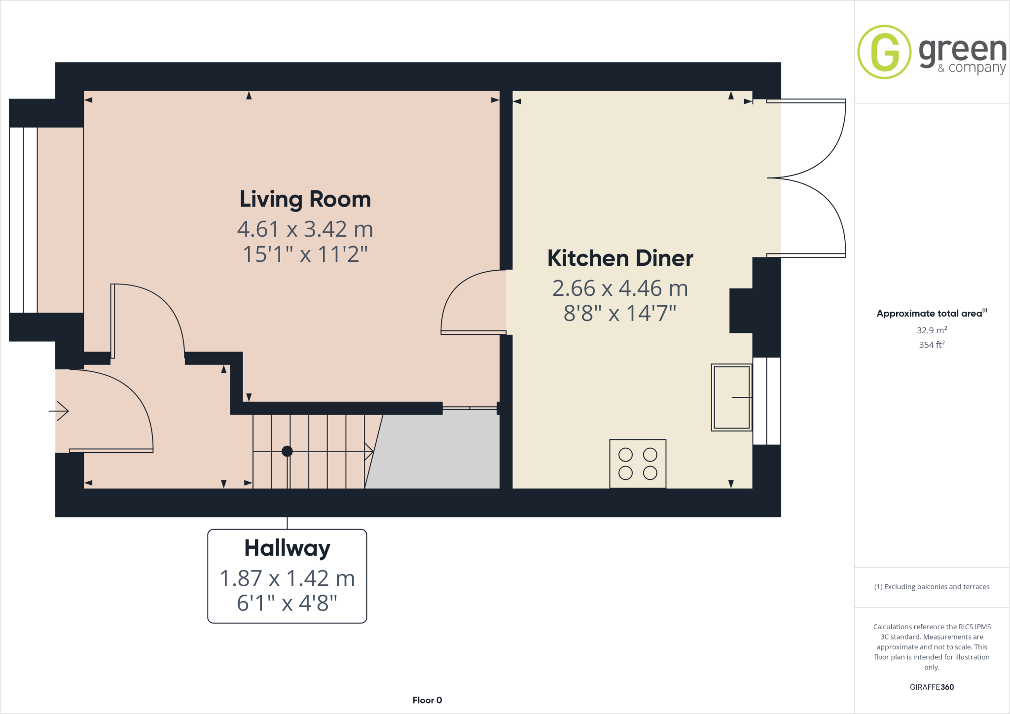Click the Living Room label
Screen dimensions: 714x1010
pos(305,200)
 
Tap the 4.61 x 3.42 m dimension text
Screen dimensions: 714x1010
pos(305,229)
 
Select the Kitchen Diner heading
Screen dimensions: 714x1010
pos(620,258)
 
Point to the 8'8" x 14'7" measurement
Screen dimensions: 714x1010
pos(620,313)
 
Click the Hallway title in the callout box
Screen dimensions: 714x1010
pos(287,548)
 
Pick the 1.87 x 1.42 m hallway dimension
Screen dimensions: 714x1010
pos(287,578)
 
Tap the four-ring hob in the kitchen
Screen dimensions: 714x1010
pos(638,464)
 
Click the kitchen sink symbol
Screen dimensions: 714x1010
pos(731,397)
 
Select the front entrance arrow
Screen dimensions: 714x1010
pos(59,411)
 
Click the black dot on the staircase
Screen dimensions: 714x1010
pos(287,451)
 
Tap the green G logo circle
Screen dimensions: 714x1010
pos(884,52)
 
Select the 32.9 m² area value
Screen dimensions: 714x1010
pos(932,330)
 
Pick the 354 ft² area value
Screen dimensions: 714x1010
pos(932,345)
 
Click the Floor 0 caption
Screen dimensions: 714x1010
pos(427,700)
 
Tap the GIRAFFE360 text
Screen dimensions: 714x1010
pos(932,687)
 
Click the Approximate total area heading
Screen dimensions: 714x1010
pos(930,314)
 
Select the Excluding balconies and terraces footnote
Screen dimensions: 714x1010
pos(932,587)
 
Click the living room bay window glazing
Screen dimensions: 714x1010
pos(23,220)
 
